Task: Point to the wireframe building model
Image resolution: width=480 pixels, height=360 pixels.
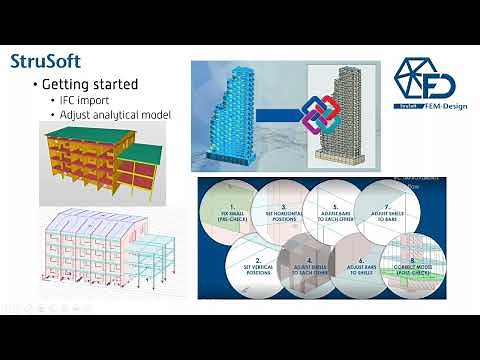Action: point(105,254)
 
